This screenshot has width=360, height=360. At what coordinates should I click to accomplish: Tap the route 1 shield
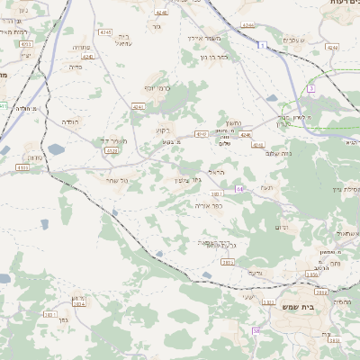point(261,45)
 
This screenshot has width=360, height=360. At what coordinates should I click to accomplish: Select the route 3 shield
point(311,89)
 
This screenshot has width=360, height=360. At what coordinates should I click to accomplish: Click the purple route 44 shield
point(240,189)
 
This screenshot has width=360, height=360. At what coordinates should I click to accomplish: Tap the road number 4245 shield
point(105,32)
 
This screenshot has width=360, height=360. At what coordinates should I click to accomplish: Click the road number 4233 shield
point(25,43)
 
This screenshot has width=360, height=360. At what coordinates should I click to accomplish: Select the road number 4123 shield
point(112,151)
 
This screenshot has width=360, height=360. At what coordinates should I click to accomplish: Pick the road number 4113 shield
point(23,167)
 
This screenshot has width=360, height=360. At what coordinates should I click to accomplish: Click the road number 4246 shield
point(138,106)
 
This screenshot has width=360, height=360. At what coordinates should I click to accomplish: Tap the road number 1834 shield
point(78,304)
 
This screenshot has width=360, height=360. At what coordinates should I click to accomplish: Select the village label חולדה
point(70,120)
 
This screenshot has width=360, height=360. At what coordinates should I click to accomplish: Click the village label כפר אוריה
point(207,205)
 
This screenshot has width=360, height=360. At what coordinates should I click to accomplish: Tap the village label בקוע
point(161,130)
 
